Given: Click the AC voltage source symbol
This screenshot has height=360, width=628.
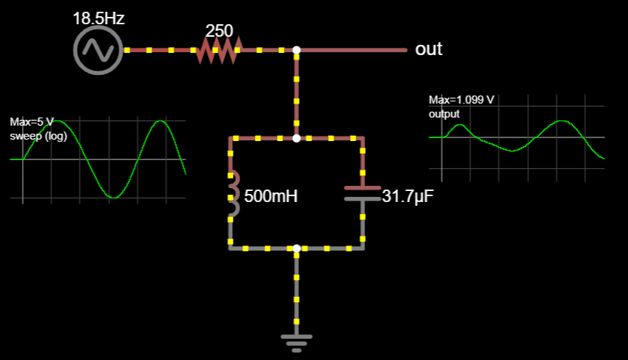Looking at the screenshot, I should click(x=97, y=50).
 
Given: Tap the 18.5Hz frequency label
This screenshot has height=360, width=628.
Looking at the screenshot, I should click(x=98, y=18).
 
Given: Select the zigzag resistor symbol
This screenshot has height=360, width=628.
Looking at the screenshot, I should click(x=218, y=50).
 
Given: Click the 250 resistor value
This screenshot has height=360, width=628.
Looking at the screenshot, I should click(x=219, y=31).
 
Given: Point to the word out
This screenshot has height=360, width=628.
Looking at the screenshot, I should click(x=429, y=49).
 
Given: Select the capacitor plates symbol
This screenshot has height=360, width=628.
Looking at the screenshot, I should click(x=362, y=192).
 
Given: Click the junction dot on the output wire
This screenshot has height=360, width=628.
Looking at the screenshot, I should click(x=297, y=50).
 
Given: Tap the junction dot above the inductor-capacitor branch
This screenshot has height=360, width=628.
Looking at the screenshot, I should click(x=297, y=138).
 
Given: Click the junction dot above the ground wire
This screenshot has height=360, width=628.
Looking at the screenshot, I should click(x=297, y=248).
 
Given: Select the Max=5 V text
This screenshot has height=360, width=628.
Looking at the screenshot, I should click(x=32, y=122).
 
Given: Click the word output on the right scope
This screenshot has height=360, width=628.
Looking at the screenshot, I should click(x=444, y=114).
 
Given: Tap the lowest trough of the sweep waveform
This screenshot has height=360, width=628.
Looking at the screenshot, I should click(x=112, y=197).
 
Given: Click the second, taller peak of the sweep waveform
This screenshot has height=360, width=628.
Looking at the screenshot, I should click(x=159, y=121).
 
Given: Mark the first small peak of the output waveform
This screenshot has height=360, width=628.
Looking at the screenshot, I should click(x=460, y=126).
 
